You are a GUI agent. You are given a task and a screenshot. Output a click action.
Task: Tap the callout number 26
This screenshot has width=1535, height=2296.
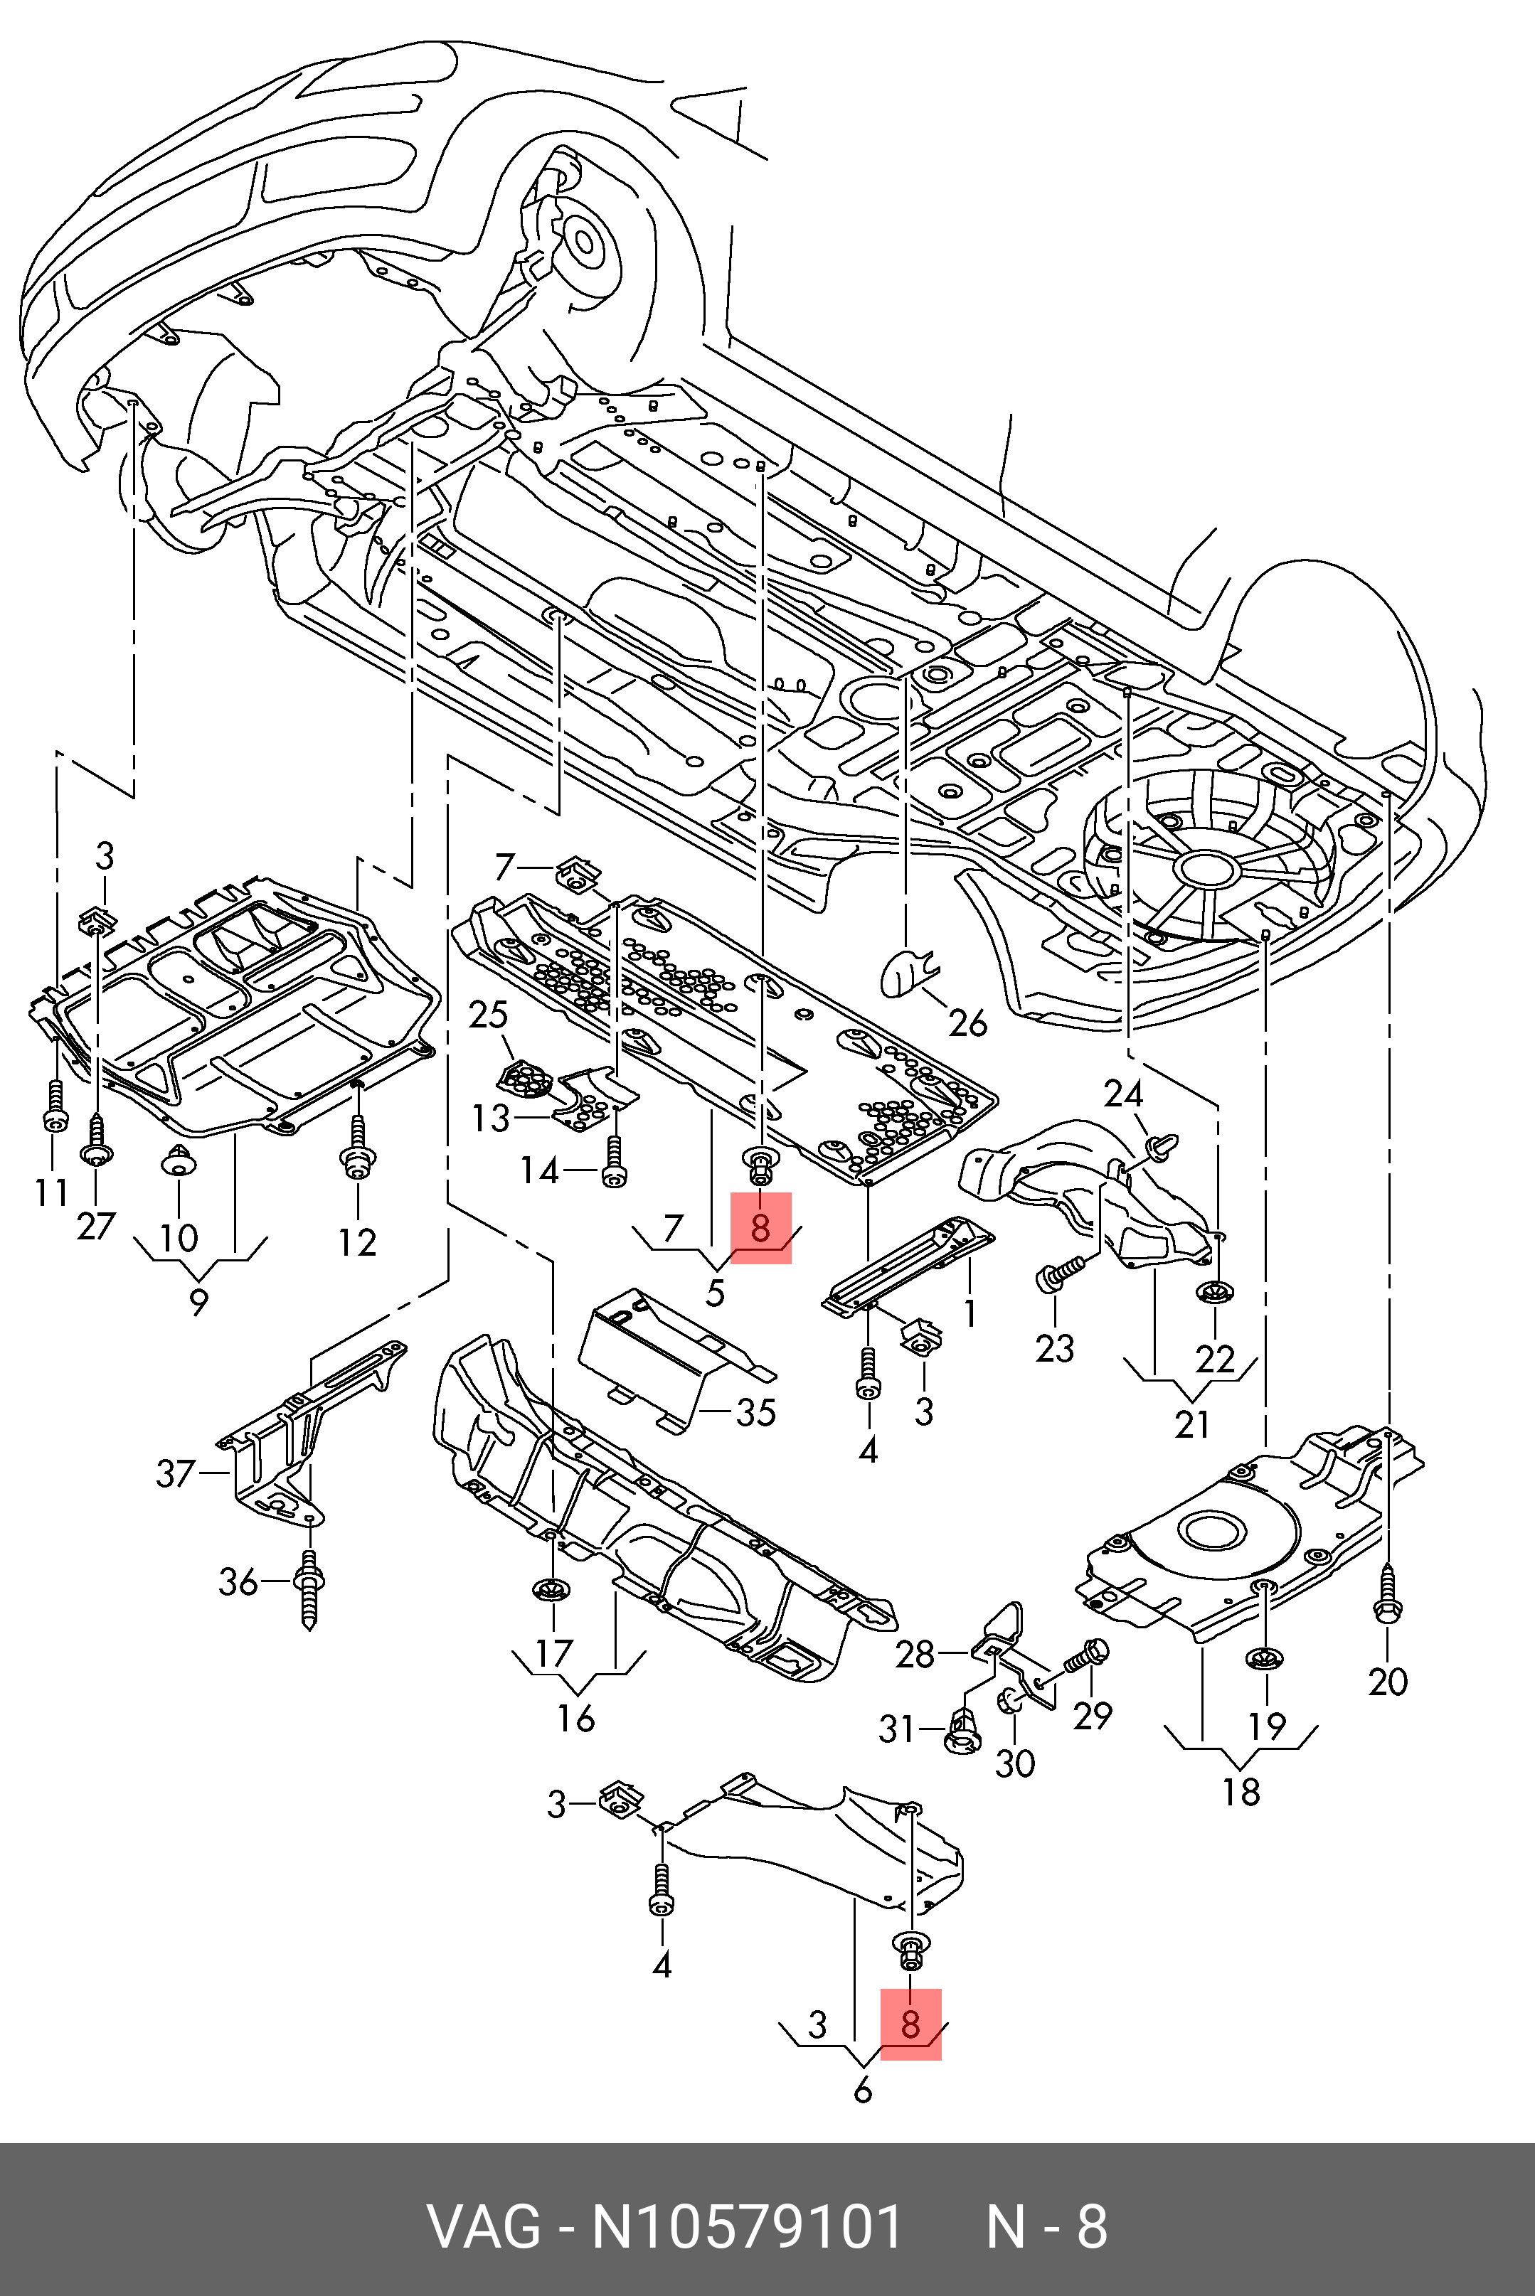[968, 1024]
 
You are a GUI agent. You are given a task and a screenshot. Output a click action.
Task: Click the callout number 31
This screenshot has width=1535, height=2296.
[897, 1729]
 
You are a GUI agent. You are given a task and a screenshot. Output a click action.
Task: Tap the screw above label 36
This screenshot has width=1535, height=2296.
[309, 1591]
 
